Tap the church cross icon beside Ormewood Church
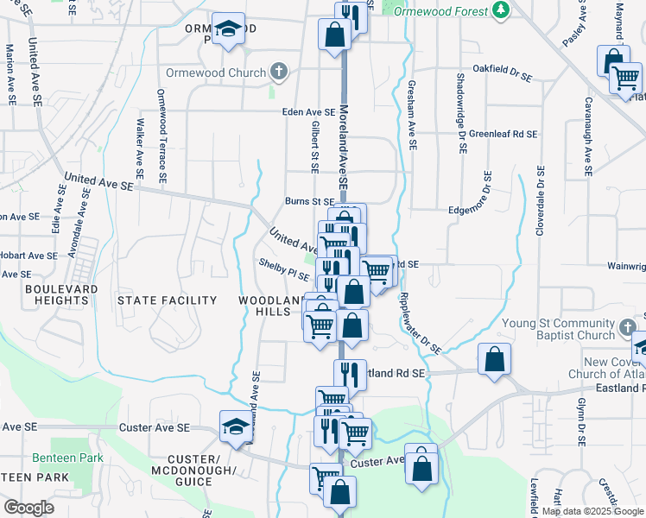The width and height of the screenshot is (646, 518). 278,72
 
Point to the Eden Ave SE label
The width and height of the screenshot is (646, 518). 308,112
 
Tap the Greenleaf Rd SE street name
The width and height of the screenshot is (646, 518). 503,134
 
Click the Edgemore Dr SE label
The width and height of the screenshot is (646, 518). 482,208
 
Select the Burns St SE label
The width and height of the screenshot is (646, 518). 310,202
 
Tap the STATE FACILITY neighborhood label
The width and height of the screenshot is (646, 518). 167,300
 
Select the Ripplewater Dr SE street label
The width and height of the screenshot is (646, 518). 420,324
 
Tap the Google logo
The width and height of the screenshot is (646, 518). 28,508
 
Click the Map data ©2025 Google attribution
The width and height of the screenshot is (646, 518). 592,511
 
